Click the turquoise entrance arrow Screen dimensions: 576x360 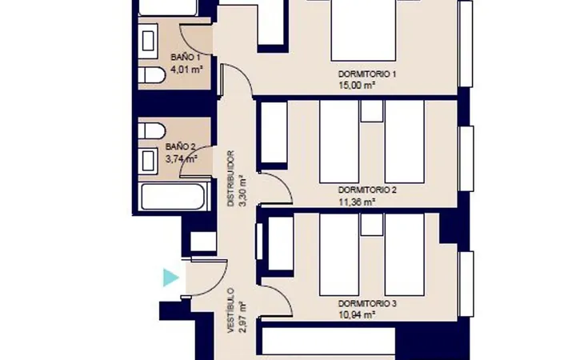[170, 278]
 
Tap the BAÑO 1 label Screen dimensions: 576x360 [186, 58]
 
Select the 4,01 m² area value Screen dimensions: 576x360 [187, 70]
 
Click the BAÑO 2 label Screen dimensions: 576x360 [180, 146]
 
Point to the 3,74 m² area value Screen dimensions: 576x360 [182, 159]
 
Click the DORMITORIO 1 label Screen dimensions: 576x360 [367, 74]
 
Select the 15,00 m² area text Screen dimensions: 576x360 [356, 86]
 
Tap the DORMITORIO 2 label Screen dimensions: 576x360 [367, 190]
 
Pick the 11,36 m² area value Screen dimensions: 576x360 [356, 202]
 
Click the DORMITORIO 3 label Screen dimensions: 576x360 [367, 304]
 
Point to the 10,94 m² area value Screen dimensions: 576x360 [356, 315]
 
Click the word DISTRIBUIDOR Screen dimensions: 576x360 [230, 178]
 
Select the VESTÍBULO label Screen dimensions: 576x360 [230, 310]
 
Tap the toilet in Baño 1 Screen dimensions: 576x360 [152, 75]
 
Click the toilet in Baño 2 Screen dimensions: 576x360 [152, 131]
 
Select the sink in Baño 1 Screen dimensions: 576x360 [148, 41]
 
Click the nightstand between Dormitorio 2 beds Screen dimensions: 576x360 [372, 111]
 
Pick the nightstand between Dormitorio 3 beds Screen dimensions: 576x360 [372, 225]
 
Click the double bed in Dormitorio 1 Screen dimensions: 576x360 [363, 30]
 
